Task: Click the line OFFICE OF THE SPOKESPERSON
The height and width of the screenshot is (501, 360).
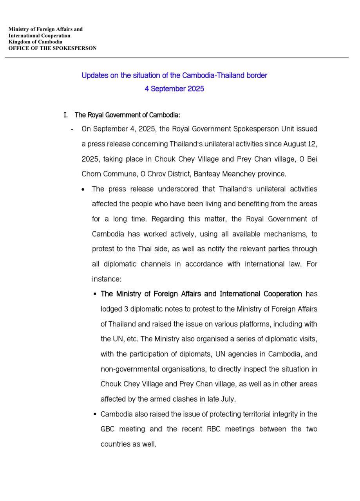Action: [x=52, y=48]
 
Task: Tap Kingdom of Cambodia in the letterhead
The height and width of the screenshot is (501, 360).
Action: [x=35, y=42]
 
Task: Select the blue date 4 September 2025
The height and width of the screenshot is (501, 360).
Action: [x=174, y=88]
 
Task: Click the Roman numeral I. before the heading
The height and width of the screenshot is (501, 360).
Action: [x=66, y=115]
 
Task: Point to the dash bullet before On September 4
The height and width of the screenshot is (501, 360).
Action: [x=72, y=129]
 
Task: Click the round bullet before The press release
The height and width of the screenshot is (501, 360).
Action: [x=83, y=189]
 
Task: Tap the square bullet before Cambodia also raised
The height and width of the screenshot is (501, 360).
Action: [x=95, y=414]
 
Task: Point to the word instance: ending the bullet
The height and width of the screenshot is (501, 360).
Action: [x=107, y=279]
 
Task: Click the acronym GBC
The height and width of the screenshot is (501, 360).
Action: [x=107, y=429]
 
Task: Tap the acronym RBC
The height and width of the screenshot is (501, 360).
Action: [x=213, y=429]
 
